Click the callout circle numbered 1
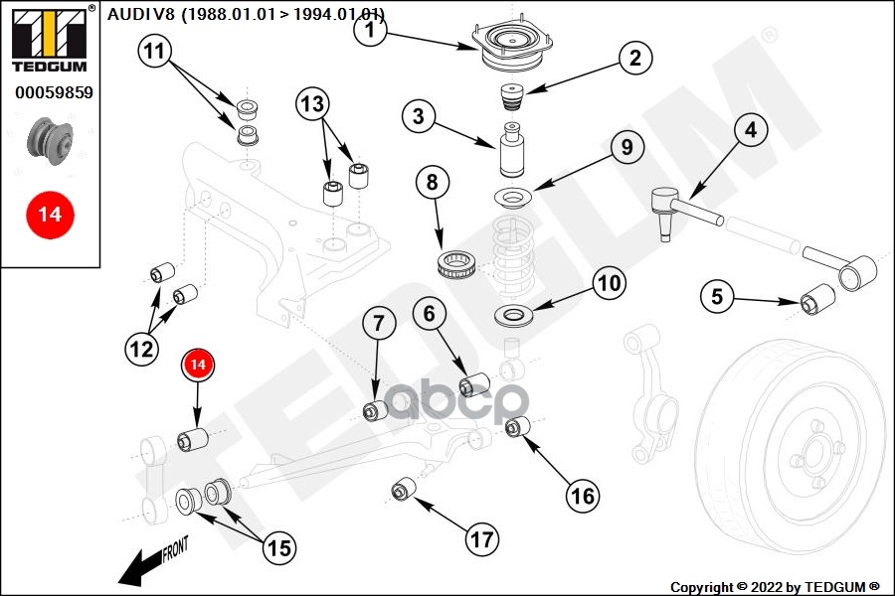pyautogui.click(x=369, y=30)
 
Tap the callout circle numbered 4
pyautogui.click(x=750, y=130)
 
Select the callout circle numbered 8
pyautogui.click(x=432, y=183)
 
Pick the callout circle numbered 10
pyautogui.click(x=608, y=283)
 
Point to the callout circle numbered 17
pyautogui.click(x=481, y=539)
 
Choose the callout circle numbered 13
pyautogui.click(x=311, y=102)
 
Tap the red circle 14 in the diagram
pyautogui.click(x=198, y=366)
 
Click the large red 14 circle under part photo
pyautogui.click(x=50, y=214)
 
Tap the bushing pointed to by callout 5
pyautogui.click(x=818, y=297)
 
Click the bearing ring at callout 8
pyautogui.click(x=459, y=265)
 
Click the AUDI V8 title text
pyautogui.click(x=246, y=14)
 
